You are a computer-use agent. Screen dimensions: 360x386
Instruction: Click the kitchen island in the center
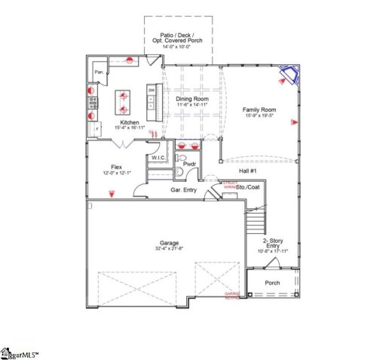121,100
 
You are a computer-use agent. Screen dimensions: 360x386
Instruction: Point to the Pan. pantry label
99,72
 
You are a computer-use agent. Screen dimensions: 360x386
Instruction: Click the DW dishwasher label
152,91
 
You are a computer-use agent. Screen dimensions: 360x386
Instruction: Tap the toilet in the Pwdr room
179,172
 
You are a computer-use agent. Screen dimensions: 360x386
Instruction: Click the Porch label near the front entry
271,284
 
